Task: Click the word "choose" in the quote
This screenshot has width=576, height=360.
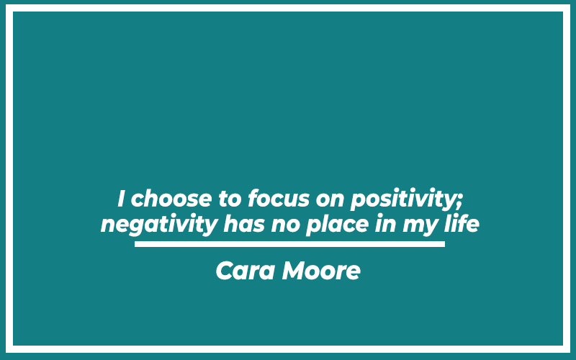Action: pos(171,199)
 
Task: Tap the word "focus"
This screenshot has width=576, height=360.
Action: pos(279,199)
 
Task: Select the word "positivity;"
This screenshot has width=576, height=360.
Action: pos(406,200)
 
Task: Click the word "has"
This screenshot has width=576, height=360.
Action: pos(244,224)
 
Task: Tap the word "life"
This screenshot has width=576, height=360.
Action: pos(462,224)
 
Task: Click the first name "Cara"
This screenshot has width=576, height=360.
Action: pos(246,271)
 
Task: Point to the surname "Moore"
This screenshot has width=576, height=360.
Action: pos(321,271)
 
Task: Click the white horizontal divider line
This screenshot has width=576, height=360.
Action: pos(289,244)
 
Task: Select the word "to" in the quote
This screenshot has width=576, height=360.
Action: pos(230,199)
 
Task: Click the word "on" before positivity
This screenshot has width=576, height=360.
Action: pos(330,201)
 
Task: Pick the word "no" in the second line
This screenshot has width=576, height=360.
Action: pos(285,226)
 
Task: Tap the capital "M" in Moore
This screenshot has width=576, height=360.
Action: pos(294,271)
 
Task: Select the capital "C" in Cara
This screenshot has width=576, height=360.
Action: pos(225,271)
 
